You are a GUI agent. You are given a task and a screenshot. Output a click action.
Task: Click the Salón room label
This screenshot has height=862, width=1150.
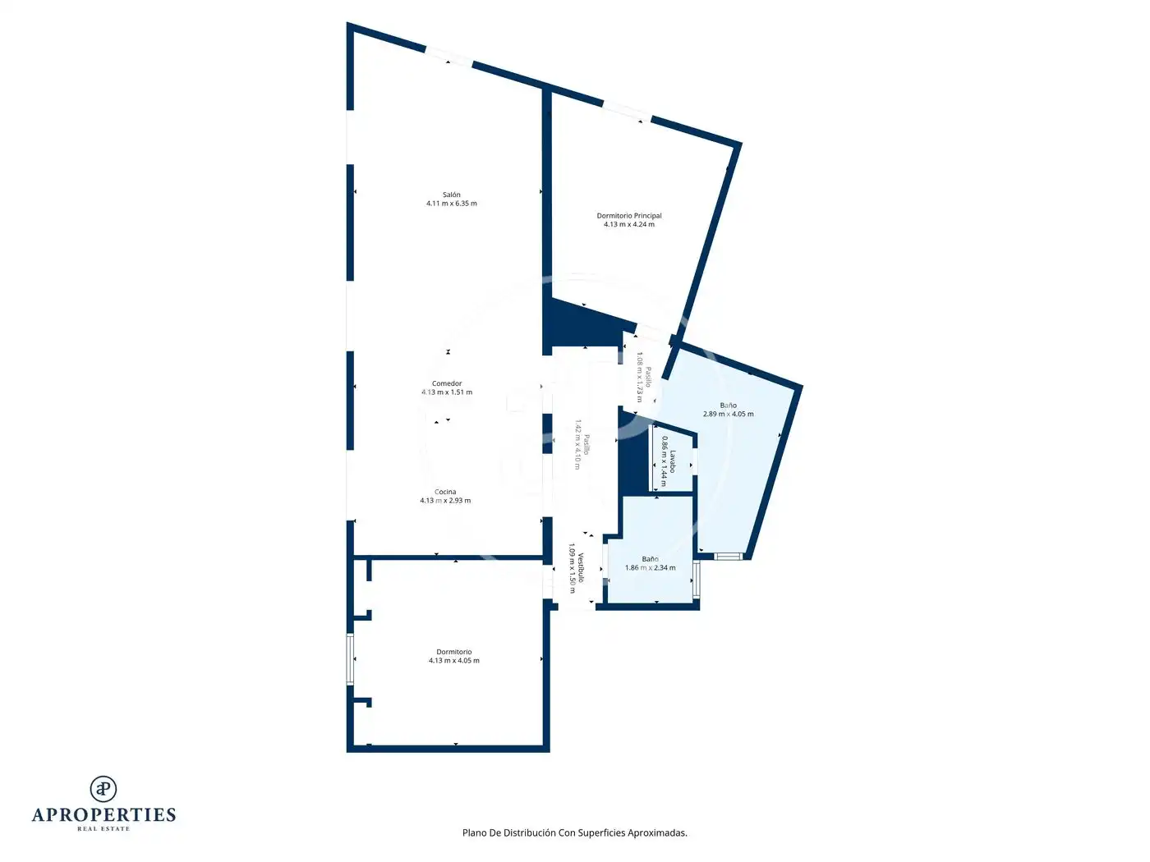point(451,195)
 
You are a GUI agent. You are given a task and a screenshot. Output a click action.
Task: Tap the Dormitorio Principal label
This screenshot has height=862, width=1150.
point(628,216)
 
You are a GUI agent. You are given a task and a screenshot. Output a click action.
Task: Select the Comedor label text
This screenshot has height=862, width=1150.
point(446,383)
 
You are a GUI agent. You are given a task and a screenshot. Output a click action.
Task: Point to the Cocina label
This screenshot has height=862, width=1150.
point(445,492)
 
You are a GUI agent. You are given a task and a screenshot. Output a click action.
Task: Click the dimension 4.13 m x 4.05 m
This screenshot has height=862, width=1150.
point(453,661)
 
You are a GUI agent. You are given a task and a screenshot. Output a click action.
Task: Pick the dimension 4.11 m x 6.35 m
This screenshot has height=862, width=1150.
point(451,204)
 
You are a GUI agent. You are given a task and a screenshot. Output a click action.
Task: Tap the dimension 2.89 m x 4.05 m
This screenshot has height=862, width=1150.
point(728,414)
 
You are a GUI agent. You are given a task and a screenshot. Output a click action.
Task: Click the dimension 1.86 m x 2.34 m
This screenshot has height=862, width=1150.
point(650,568)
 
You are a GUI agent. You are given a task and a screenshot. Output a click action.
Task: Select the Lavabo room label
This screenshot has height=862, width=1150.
point(672,461)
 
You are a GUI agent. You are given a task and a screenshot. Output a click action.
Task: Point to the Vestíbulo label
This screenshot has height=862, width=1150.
point(581,567)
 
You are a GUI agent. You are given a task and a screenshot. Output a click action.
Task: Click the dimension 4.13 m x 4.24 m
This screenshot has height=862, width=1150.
point(628,224)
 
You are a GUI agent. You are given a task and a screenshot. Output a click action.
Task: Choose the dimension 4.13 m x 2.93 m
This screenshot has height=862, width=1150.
point(445,500)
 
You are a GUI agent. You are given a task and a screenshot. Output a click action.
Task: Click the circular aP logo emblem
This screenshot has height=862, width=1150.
point(103,789)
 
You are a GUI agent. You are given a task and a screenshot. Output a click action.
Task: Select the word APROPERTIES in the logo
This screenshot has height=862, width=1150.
point(103,815)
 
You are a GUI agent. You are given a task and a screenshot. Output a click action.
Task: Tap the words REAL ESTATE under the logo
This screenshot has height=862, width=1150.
point(103,829)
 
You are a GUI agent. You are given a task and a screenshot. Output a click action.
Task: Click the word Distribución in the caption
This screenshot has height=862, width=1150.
point(529,832)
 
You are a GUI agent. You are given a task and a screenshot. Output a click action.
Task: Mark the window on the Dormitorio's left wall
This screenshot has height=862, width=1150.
point(350,659)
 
